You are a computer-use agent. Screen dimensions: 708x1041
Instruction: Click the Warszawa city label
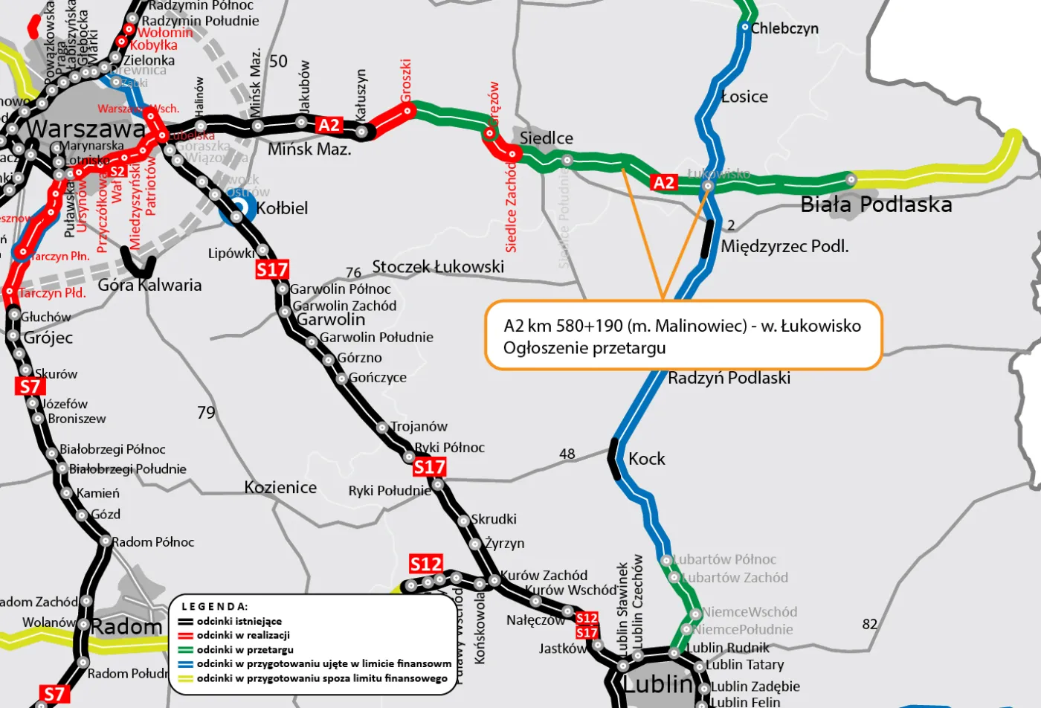coord(86,129)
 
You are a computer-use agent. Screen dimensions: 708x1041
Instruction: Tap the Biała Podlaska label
coord(876,205)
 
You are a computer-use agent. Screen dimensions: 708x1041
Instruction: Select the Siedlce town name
coord(546,138)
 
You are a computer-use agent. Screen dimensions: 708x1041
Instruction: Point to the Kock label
coord(646,459)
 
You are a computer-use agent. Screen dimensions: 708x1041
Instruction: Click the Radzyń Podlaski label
coord(729,378)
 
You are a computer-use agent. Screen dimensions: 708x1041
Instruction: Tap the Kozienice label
coord(280,488)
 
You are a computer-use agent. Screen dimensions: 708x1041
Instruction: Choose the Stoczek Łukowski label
coord(438,266)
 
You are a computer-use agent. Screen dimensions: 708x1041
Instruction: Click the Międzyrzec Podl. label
coord(784,246)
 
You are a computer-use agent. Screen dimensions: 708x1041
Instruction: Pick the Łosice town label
coord(744,97)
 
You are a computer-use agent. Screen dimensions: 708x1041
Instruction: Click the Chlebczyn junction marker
coord(745,28)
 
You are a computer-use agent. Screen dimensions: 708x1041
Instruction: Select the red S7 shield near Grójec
coord(30,387)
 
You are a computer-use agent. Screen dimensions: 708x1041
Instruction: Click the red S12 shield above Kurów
coord(426,564)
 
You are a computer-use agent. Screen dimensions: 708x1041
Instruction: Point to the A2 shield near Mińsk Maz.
coord(329,125)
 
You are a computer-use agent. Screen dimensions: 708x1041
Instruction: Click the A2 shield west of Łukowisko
coord(663,183)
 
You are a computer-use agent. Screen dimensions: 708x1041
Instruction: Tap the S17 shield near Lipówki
coord(272,269)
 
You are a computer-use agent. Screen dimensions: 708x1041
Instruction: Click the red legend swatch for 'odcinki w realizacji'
coord(185,636)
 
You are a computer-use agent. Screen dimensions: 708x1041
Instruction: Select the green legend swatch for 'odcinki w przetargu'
coord(185,650)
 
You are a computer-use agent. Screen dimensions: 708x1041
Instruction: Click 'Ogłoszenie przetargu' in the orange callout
coord(584,348)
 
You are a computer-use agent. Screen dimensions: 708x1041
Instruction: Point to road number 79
coord(206,413)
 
